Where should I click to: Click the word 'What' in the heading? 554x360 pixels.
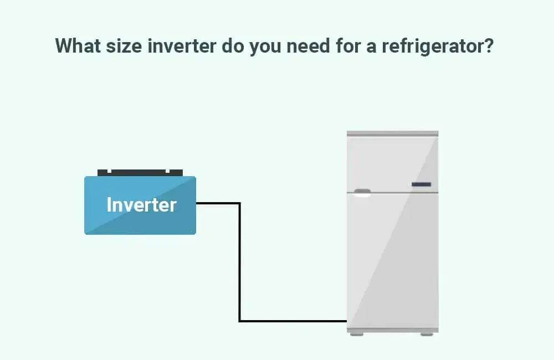pyautogui.click(x=78, y=46)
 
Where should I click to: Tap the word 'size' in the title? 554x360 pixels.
pyautogui.click(x=124, y=46)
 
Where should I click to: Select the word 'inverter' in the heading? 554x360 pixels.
pyautogui.click(x=182, y=46)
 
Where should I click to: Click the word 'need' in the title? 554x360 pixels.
pyautogui.click(x=308, y=46)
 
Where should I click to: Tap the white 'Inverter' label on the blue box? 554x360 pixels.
pyautogui.click(x=141, y=205)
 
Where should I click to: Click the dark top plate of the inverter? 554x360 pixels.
pyautogui.click(x=140, y=173)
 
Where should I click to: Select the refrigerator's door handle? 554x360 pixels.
pyautogui.click(x=362, y=193)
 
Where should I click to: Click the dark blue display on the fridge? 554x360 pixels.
pyautogui.click(x=421, y=184)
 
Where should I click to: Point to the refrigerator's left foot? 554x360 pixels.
pyautogui.click(x=356, y=334)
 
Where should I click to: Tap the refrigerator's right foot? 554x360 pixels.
pyautogui.click(x=427, y=334)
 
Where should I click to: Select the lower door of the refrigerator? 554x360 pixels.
pyautogui.click(x=393, y=261)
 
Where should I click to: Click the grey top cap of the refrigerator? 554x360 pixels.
pyautogui.click(x=393, y=133)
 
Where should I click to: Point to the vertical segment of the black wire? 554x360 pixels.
pyautogui.click(x=240, y=262)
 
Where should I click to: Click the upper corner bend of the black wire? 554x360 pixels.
pyautogui.click(x=240, y=203)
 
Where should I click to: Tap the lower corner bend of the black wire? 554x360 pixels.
pyautogui.click(x=240, y=321)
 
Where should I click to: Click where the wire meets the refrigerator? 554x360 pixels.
pyautogui.click(x=347, y=321)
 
